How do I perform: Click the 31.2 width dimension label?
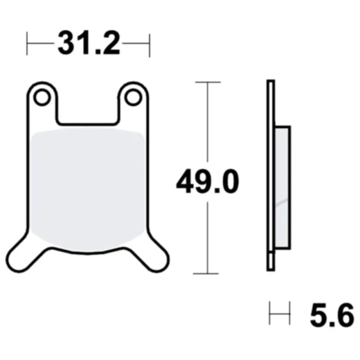point(88,45)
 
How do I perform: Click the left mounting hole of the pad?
point(42,98)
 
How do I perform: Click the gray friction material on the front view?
point(88,187)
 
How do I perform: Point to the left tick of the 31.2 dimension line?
point(27,46)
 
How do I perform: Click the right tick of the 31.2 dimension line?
point(149,46)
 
